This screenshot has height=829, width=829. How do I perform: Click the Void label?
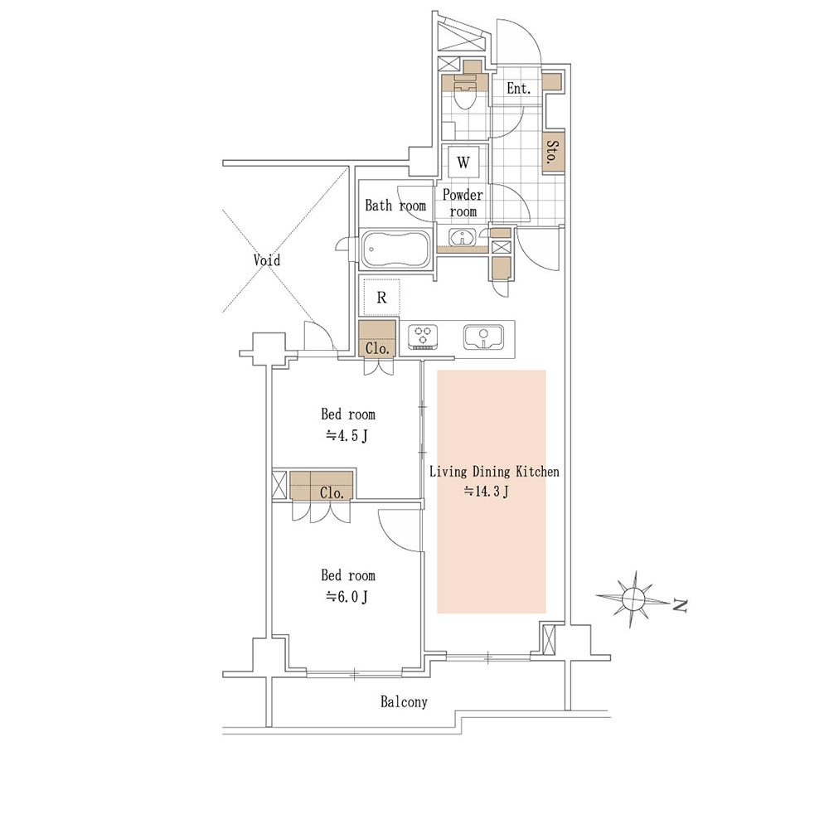tap(266, 259)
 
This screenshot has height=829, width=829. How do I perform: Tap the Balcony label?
tap(404, 701)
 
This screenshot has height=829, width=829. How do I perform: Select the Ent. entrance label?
tap(518, 89)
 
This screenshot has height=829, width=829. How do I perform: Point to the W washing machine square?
tap(463, 162)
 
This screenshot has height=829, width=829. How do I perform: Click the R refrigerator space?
tap(381, 297)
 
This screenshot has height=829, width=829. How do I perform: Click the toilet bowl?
tap(465, 98)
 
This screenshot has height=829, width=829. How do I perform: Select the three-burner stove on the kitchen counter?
tap(422, 337)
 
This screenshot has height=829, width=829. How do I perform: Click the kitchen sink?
tap(483, 337)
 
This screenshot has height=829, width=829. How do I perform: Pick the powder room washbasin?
tap(462, 237)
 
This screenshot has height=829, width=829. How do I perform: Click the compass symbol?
tap(633, 599)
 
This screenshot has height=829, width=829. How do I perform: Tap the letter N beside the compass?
tap(680, 606)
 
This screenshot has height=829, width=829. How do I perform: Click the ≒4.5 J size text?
tap(347, 436)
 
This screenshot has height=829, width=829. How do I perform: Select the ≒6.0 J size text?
tap(347, 597)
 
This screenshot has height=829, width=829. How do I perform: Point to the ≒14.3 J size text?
tap(487, 492)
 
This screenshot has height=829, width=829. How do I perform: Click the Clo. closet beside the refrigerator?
tap(377, 339)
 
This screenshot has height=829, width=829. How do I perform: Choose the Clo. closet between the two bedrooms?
tap(321, 485)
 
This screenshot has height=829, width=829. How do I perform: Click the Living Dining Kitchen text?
tap(494, 471)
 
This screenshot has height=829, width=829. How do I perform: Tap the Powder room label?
tap(463, 203)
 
